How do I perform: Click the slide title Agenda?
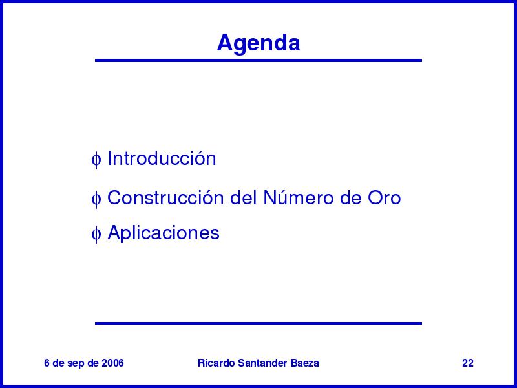[x=258, y=43]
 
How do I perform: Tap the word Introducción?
[x=162, y=158]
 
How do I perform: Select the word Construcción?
[x=165, y=198]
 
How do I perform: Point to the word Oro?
[x=384, y=198]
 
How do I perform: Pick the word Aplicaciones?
[x=164, y=233]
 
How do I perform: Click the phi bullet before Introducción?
[x=96, y=160]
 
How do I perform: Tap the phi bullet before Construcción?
[x=96, y=199]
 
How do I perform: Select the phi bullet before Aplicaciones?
[x=96, y=234]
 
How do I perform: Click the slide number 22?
[x=467, y=363]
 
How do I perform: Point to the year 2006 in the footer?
[x=112, y=363]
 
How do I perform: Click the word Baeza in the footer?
[x=304, y=363]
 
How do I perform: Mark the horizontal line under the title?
[x=258, y=60]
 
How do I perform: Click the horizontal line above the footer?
[x=258, y=323]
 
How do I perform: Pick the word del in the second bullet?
[x=244, y=198]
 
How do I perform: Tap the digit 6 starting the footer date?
[x=47, y=363]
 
